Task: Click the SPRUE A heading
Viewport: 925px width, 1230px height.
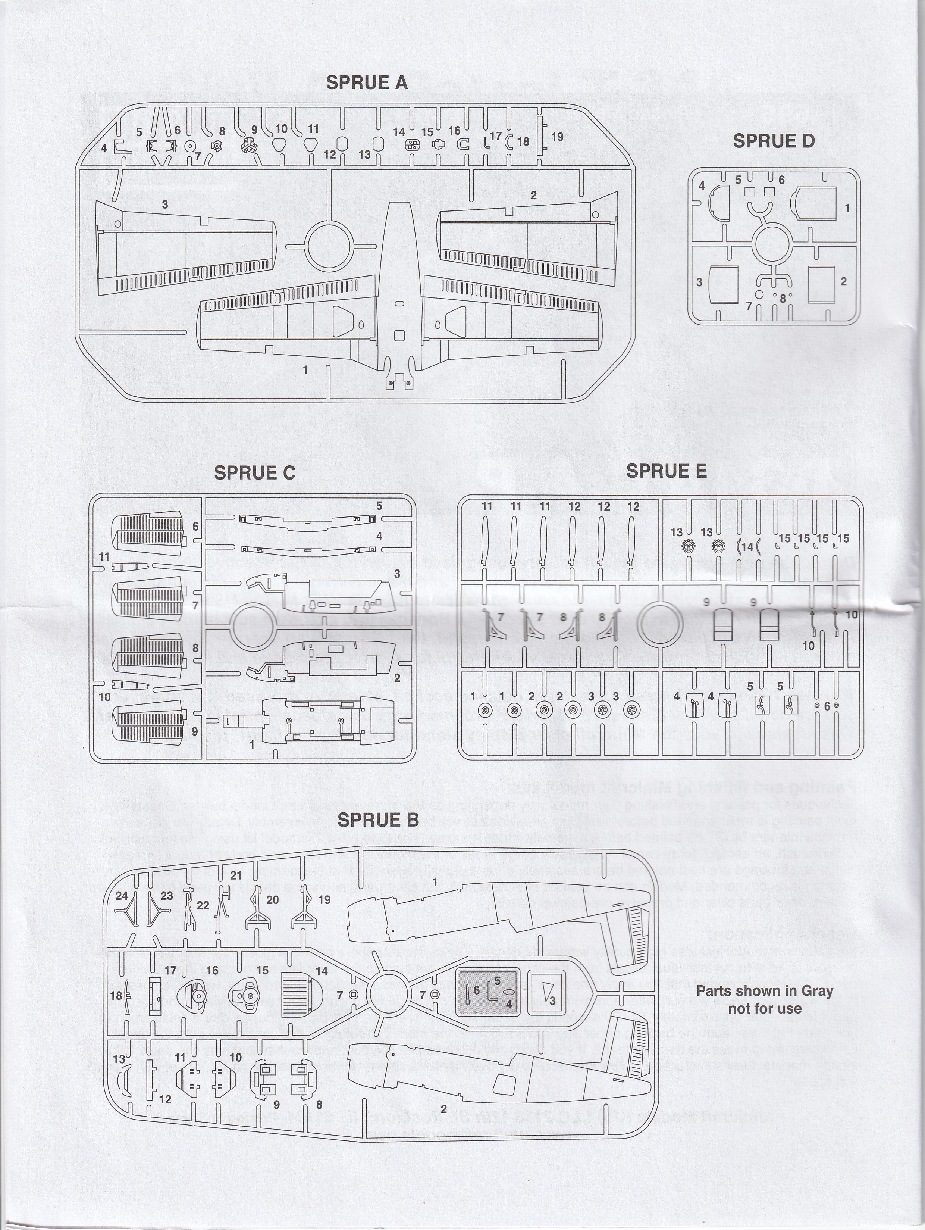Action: pyautogui.click(x=366, y=82)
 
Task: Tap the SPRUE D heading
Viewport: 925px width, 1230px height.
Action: pyautogui.click(x=773, y=141)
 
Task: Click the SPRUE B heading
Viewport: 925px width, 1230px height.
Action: pyautogui.click(x=378, y=820)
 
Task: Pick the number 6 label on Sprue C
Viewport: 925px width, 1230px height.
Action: pyautogui.click(x=195, y=526)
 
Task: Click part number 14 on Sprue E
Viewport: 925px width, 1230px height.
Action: pyautogui.click(x=747, y=547)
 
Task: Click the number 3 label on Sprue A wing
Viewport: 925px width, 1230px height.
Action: pyautogui.click(x=165, y=205)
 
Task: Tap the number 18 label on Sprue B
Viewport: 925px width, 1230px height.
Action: pyautogui.click(x=116, y=995)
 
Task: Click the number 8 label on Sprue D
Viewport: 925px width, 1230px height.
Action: pyautogui.click(x=783, y=298)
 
